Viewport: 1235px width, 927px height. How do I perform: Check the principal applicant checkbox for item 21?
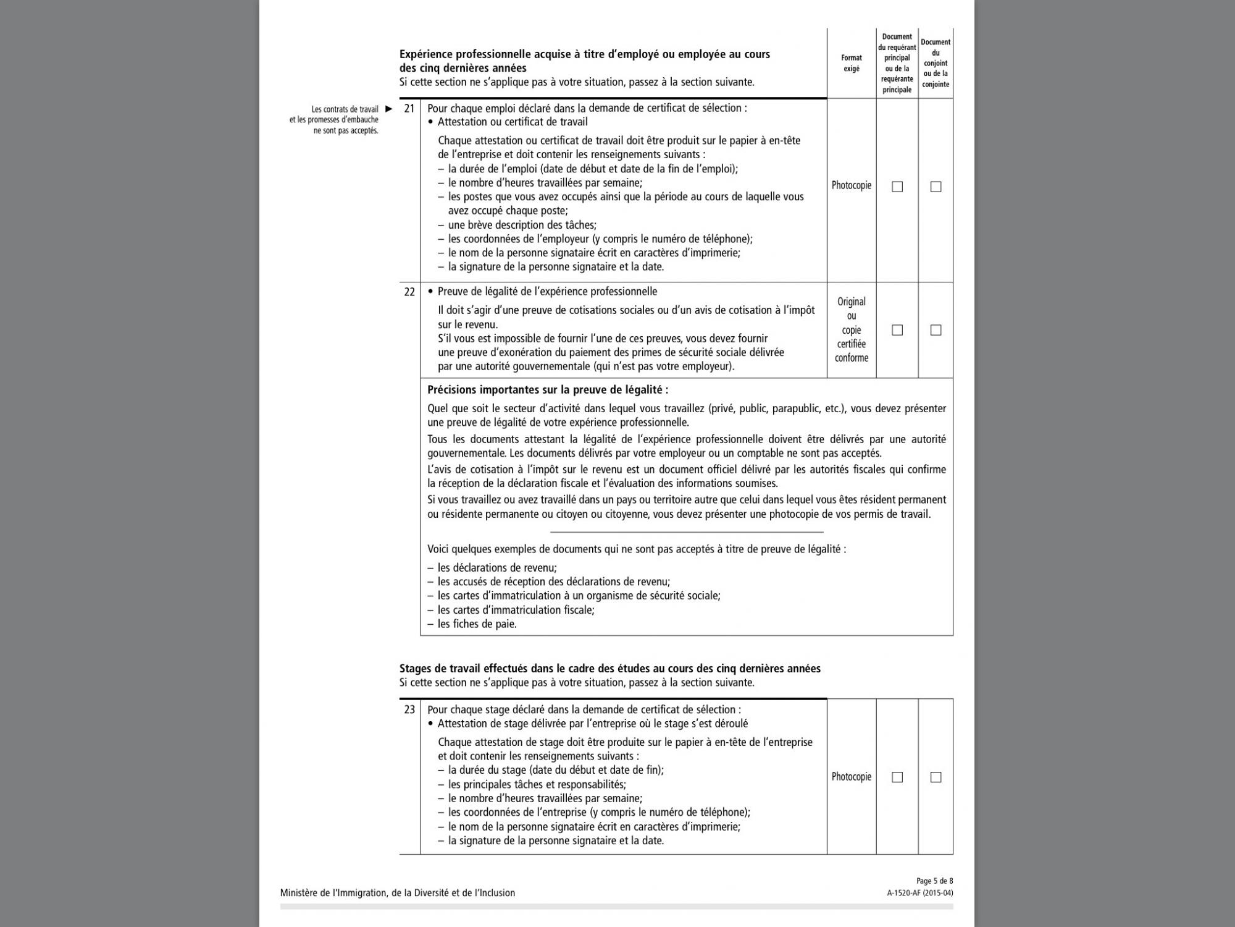[897, 187]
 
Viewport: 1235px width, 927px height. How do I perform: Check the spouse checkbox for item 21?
[936, 187]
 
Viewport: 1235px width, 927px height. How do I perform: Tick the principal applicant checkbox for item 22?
[897, 330]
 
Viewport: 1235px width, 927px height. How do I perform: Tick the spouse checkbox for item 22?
[936, 330]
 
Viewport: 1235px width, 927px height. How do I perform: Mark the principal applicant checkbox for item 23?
[897, 777]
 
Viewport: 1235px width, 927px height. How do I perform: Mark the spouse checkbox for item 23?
[936, 777]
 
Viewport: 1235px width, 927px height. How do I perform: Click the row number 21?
[409, 108]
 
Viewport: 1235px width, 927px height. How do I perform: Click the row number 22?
[409, 292]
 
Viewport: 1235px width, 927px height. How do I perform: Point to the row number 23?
[409, 709]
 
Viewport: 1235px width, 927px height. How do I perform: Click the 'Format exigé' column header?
[852, 63]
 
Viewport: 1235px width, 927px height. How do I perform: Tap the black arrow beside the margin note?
[388, 109]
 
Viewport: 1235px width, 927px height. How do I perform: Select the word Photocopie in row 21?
[852, 185]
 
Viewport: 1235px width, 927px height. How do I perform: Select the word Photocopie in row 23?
[852, 777]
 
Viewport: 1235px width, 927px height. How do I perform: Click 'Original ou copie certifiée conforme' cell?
[852, 330]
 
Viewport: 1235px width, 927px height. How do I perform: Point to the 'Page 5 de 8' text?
[934, 881]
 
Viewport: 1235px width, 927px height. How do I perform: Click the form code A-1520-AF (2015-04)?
[920, 893]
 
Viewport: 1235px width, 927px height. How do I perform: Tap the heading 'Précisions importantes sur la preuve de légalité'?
[548, 390]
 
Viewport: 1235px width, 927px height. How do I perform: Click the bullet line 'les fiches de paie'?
[477, 624]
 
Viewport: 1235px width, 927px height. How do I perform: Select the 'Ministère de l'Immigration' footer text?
[397, 893]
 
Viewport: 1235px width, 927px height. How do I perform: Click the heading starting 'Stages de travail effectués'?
[609, 669]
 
